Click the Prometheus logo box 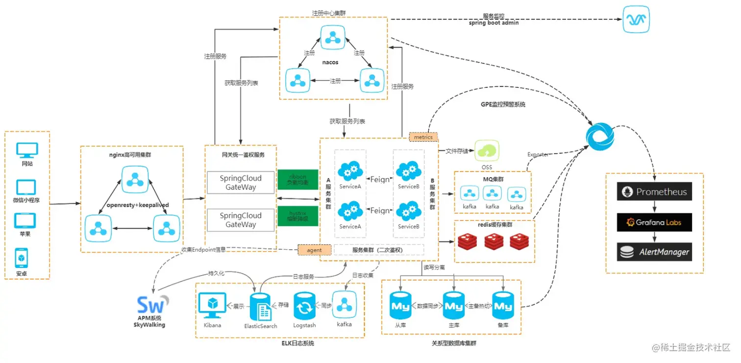[x=654, y=192]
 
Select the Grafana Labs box [x=654, y=222]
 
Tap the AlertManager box [x=654, y=252]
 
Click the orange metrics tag [x=423, y=137]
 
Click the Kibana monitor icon [x=212, y=306]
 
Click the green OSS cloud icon [x=487, y=151]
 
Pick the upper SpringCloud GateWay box [x=241, y=183]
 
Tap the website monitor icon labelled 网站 [x=27, y=150]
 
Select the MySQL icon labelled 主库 [x=453, y=306]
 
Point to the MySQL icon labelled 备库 [x=502, y=306]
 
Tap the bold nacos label [x=330, y=62]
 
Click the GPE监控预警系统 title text [x=503, y=104]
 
